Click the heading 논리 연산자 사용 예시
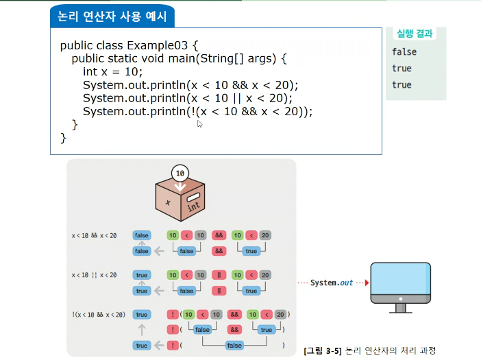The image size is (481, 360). [x=112, y=14]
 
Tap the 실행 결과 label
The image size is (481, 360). [x=414, y=33]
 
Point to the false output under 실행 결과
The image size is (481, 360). [x=404, y=51]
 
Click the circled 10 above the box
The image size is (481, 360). [x=180, y=173]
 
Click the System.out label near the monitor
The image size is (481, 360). [x=332, y=283]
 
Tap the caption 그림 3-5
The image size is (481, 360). [x=323, y=350]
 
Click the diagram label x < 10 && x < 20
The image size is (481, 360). [x=94, y=235]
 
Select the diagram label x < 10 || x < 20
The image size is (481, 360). [x=94, y=275]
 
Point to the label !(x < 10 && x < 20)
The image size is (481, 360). [x=99, y=315]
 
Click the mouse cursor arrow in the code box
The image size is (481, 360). [x=199, y=123]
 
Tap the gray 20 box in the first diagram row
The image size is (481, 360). [x=265, y=235]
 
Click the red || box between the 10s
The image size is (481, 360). [x=219, y=275]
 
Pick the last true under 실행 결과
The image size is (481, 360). [x=402, y=84]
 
